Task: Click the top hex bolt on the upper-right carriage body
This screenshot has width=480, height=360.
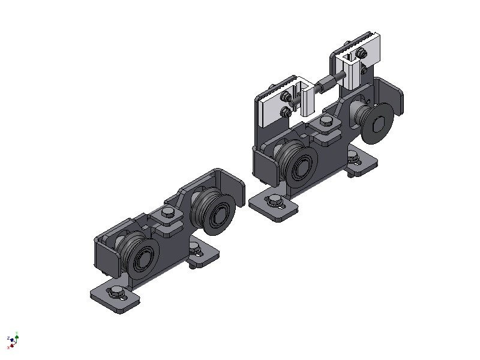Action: (326, 122)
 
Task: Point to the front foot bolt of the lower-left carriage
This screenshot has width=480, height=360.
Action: (115, 293)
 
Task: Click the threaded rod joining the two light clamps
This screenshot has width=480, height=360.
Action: (329, 80)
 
